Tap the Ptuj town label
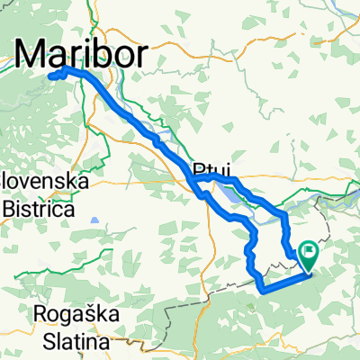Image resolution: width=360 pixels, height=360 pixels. tap(211, 168)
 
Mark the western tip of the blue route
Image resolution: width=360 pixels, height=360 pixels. tap(50, 76)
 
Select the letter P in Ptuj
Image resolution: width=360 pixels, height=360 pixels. tap(198, 168)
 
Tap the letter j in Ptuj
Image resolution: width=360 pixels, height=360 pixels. tap(225, 170)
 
